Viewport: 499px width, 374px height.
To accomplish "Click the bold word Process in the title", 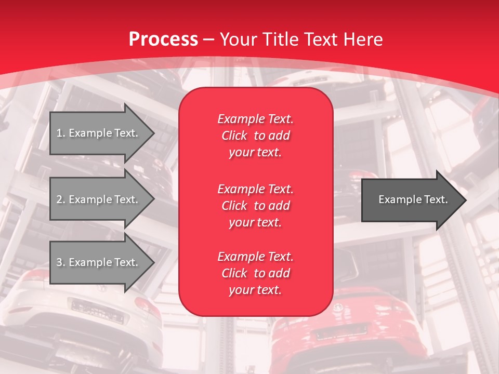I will [x=163, y=39].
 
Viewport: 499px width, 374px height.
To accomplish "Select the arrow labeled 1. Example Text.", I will [x=99, y=133].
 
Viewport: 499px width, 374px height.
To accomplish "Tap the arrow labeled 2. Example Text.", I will [x=99, y=199].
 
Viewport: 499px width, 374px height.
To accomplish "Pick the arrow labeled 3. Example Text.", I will [x=99, y=262].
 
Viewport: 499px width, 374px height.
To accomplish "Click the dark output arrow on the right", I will [x=411, y=199].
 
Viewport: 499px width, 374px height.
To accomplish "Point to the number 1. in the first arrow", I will [x=61, y=133].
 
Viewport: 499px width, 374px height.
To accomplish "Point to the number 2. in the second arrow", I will [x=61, y=199].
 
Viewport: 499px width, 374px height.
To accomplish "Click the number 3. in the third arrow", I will [x=61, y=262].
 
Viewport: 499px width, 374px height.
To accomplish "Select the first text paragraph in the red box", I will [x=255, y=136].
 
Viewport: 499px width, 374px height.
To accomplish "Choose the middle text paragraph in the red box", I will [x=255, y=206].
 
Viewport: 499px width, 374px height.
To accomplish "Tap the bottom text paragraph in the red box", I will [x=255, y=273].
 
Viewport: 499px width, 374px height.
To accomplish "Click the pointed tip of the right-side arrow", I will [x=465, y=200].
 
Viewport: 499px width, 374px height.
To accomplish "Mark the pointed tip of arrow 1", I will [x=153, y=133].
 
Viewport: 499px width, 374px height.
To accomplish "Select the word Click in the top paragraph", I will [x=234, y=136].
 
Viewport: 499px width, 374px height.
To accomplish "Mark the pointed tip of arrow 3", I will [x=153, y=262].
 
